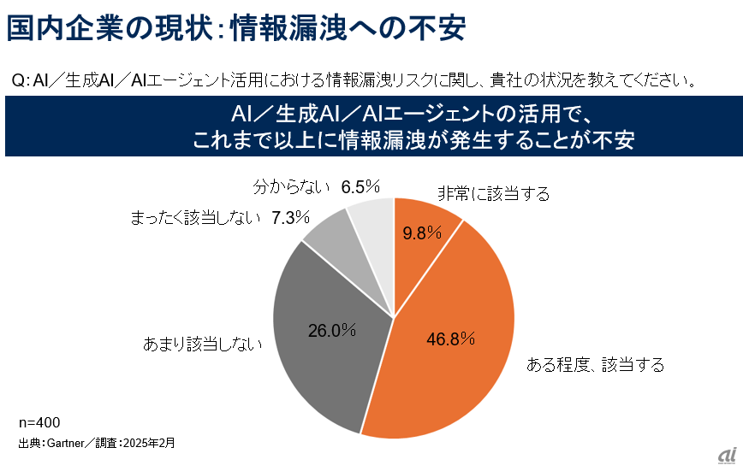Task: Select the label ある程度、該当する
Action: [x=595, y=366]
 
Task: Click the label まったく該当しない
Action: [x=195, y=218]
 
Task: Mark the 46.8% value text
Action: [x=450, y=339]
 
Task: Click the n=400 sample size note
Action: [x=39, y=422]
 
